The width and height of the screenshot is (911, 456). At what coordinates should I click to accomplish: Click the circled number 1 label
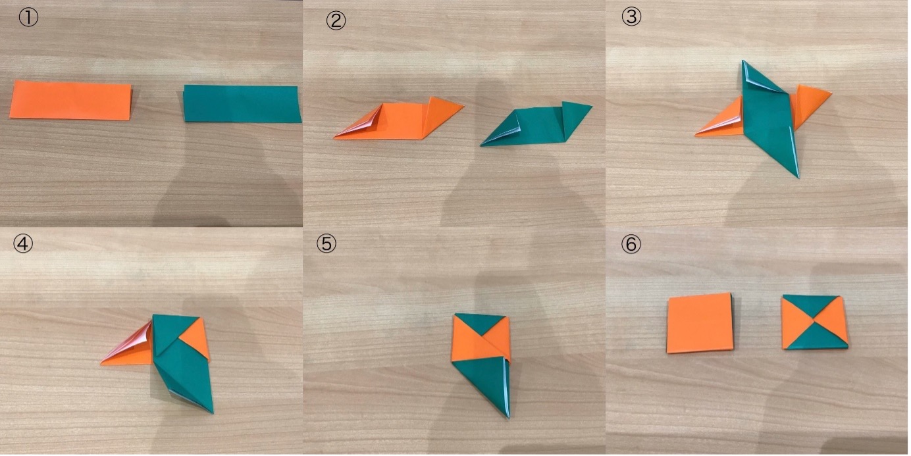pos(28,18)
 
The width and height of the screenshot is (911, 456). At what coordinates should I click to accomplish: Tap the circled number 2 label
pos(336,20)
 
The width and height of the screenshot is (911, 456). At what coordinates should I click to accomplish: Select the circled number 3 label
pos(632,17)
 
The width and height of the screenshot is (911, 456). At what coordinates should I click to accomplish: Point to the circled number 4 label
pos(23,244)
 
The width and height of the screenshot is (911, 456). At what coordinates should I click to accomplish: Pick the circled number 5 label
pos(326,243)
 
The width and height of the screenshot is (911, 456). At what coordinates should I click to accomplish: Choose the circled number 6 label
pos(631,244)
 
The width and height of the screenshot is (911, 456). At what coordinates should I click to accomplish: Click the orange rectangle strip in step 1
pos(71,101)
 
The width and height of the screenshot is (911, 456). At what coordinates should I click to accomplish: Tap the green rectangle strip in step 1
pos(242,104)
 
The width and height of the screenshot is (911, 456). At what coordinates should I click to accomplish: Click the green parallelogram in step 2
pos(536,124)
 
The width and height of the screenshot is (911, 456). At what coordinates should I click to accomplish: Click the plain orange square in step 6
pos(700,322)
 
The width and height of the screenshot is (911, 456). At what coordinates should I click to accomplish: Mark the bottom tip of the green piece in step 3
pos(798,177)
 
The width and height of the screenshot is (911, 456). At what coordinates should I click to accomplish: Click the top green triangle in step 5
pos(480,322)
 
